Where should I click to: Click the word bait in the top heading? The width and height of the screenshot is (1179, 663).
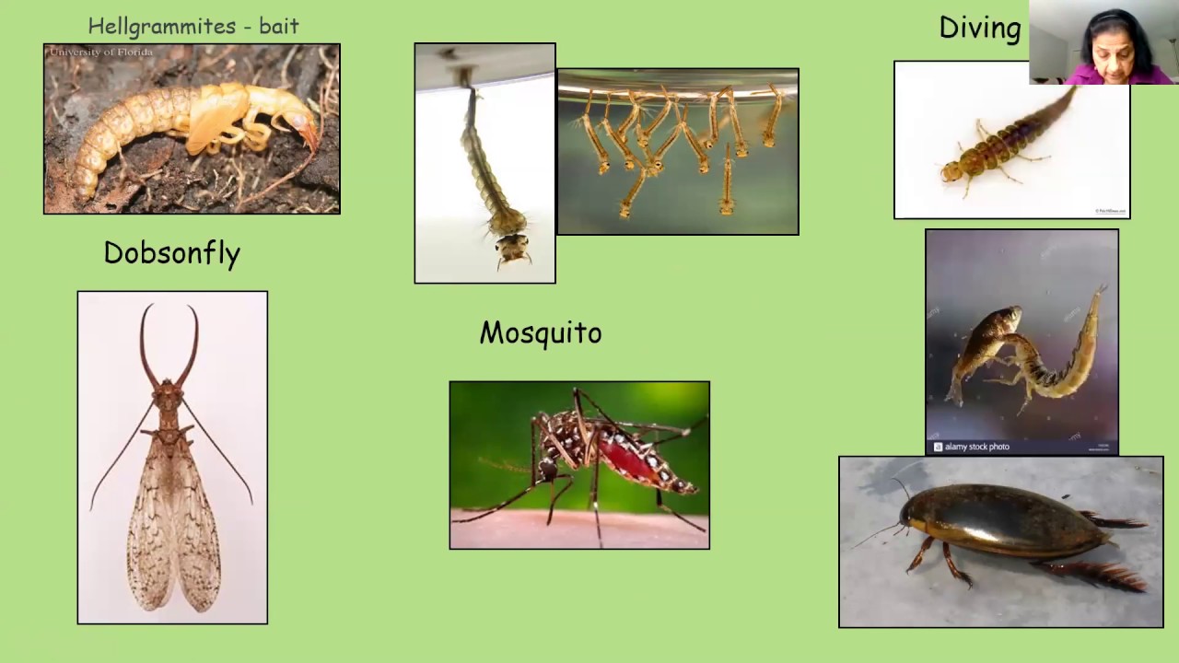coord(279,26)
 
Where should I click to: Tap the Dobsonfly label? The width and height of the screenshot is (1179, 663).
coord(172,253)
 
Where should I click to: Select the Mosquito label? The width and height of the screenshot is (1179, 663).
coord(541,332)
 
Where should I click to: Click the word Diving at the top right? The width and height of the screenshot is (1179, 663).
coord(980,28)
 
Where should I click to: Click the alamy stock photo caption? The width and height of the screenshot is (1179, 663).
coord(976,447)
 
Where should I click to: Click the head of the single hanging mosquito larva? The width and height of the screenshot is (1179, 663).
coord(511,246)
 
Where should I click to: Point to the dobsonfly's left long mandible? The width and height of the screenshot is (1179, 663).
coord(146,345)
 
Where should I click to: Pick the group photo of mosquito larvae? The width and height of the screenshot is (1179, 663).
coord(678,152)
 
